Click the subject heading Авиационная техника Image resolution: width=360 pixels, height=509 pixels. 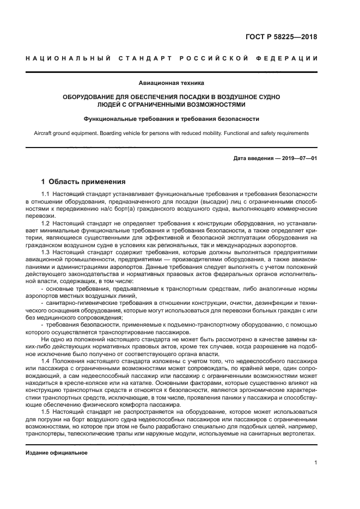point(180,83)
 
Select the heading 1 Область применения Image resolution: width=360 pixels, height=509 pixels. point(84,182)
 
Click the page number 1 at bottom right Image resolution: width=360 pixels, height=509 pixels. point(316,463)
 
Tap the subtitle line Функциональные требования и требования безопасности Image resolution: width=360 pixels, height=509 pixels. point(171,119)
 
